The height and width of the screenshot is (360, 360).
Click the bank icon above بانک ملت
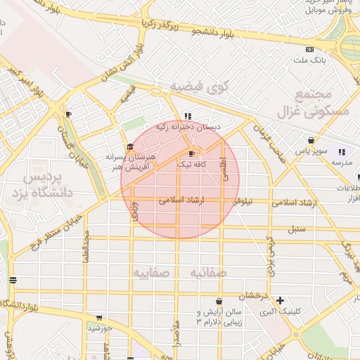tap(310, 49)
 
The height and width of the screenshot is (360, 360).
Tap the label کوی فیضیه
tap(200, 88)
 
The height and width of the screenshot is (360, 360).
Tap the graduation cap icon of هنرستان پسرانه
tap(130, 146)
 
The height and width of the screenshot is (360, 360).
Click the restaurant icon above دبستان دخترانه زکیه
tap(187, 116)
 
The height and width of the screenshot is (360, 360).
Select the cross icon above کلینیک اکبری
tap(281, 300)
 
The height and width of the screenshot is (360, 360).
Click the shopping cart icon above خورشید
tap(98, 317)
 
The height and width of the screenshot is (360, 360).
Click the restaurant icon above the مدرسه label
tap(342, 151)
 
